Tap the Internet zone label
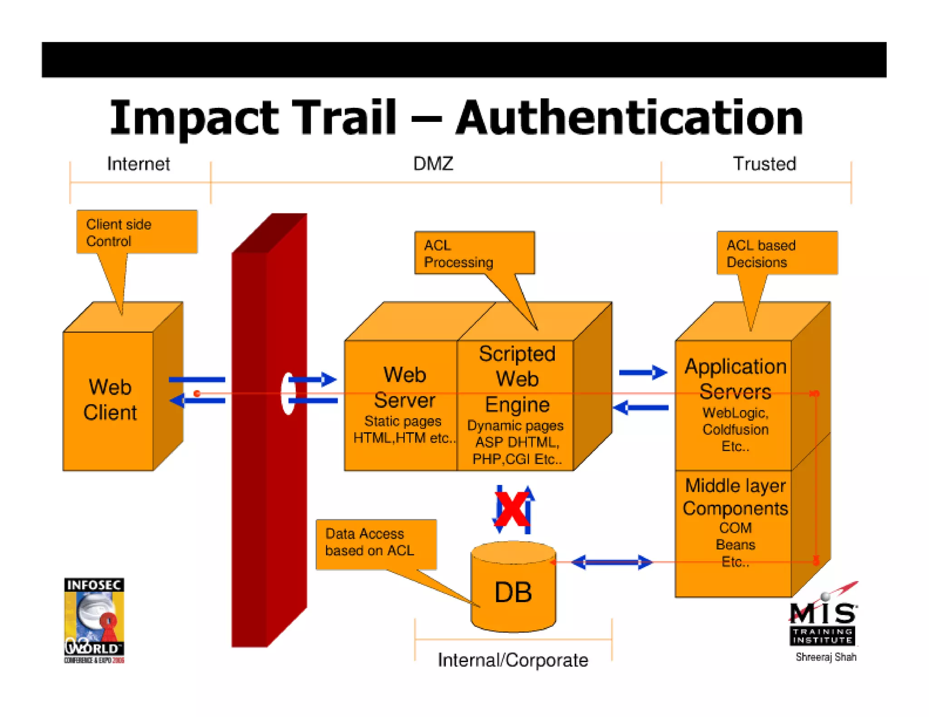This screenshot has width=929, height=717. (138, 164)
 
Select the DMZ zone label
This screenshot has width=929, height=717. (433, 164)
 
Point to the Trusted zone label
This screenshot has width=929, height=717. (764, 164)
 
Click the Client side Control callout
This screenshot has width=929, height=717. (136, 232)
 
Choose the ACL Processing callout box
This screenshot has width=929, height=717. (474, 253)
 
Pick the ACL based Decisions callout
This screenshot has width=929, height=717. (777, 253)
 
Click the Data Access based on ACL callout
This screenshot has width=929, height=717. (376, 543)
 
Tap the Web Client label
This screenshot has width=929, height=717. (110, 400)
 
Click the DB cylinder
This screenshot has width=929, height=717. (513, 589)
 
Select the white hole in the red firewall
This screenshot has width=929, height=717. (288, 393)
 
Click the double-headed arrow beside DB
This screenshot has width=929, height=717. (611, 562)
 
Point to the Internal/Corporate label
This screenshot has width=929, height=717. (513, 660)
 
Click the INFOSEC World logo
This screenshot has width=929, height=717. (94, 620)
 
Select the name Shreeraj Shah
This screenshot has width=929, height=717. (826, 657)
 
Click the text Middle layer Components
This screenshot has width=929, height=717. (735, 497)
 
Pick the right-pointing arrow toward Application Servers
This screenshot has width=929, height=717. (643, 373)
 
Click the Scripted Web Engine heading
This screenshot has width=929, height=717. (517, 379)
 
